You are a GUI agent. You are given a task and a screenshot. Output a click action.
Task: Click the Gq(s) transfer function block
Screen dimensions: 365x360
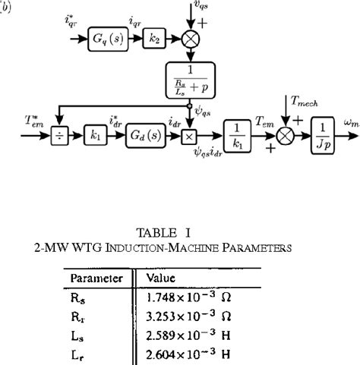point(108,35)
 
